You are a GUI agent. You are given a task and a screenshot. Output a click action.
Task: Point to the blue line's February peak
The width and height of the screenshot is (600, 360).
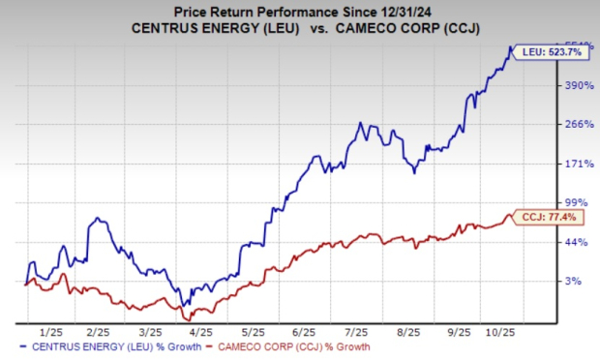tap(98, 219)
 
